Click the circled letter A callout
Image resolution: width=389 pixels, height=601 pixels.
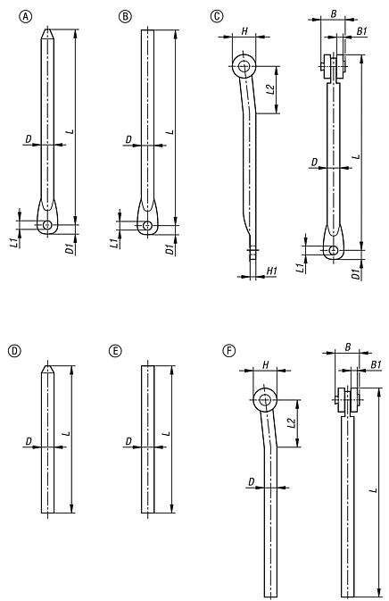click(x=26, y=16)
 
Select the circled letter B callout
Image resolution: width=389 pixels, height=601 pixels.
click(x=125, y=16)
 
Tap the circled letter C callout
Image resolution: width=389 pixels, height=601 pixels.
click(x=217, y=16)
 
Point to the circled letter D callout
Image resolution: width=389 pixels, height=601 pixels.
click(x=14, y=351)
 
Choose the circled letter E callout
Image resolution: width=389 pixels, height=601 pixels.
click(x=115, y=351)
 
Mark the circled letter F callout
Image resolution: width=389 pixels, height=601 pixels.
click(x=229, y=351)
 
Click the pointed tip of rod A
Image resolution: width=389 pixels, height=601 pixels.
click(x=47, y=29)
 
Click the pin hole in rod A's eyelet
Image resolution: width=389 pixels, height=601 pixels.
click(x=47, y=225)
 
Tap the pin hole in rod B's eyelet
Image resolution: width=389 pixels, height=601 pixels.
click(x=147, y=225)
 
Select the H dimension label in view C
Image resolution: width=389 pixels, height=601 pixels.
click(x=244, y=31)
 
